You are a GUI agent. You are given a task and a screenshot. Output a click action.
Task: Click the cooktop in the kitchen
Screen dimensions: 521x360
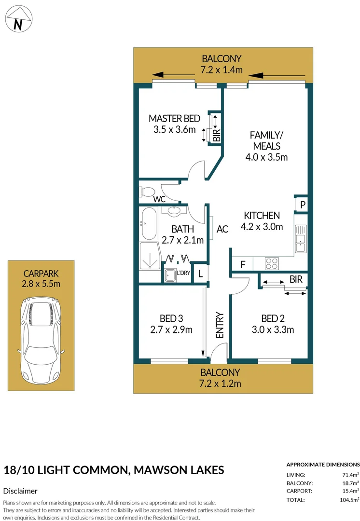point(272,263)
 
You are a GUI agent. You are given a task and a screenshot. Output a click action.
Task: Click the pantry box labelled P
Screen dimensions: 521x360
point(302,204)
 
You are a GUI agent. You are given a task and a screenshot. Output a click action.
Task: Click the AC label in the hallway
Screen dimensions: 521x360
point(222,230)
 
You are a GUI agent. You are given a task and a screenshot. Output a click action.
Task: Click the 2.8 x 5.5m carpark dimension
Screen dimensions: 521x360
point(41,283)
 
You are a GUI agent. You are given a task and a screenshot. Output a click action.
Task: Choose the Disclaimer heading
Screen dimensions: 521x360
point(20,491)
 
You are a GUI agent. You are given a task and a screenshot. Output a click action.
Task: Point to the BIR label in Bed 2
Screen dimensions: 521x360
point(296,279)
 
